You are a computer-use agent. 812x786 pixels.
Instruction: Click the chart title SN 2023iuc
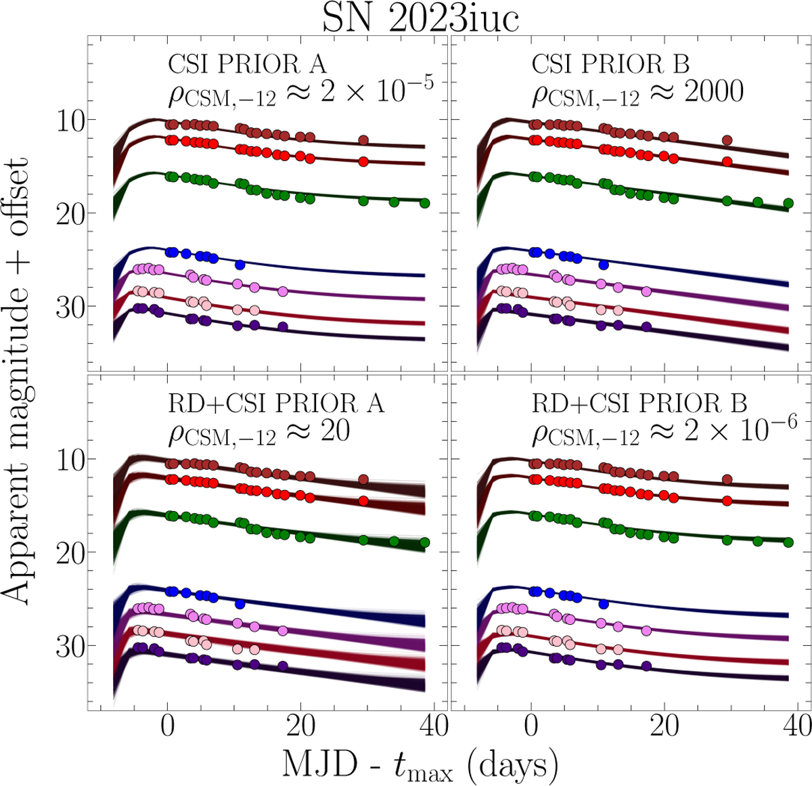(420, 18)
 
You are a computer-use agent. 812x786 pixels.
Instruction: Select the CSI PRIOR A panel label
(247, 64)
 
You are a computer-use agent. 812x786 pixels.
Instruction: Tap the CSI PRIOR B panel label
(610, 64)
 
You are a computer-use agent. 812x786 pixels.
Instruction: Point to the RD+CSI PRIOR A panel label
(275, 403)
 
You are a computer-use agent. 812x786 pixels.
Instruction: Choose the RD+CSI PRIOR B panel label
(639, 403)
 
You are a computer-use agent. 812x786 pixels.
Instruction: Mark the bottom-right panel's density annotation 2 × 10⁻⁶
(741, 430)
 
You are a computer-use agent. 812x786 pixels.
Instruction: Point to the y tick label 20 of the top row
(68, 214)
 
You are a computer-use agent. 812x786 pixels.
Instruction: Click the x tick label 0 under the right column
(531, 726)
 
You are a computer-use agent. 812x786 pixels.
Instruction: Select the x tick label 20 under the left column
(300, 726)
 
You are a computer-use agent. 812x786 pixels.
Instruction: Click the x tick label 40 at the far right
(796, 726)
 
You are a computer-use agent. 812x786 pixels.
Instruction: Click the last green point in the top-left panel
(424, 203)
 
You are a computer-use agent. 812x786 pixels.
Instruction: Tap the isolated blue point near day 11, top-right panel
(604, 265)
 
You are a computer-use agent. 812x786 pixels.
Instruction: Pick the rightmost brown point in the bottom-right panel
(727, 479)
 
